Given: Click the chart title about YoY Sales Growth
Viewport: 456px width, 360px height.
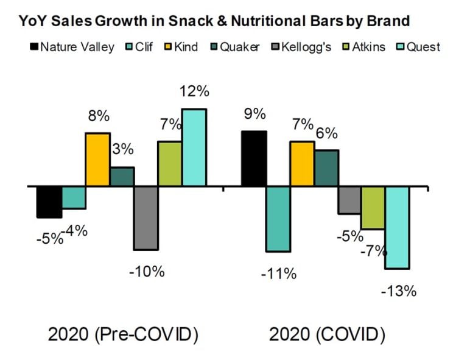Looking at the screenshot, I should tap(214, 21).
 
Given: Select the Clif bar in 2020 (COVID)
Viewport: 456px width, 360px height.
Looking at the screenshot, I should tap(278, 219).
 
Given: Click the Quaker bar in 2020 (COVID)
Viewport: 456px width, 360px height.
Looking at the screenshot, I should tap(326, 168).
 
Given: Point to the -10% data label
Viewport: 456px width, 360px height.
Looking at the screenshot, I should tap(147, 271).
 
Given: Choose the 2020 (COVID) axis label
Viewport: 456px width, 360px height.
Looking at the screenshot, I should tap(328, 334).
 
